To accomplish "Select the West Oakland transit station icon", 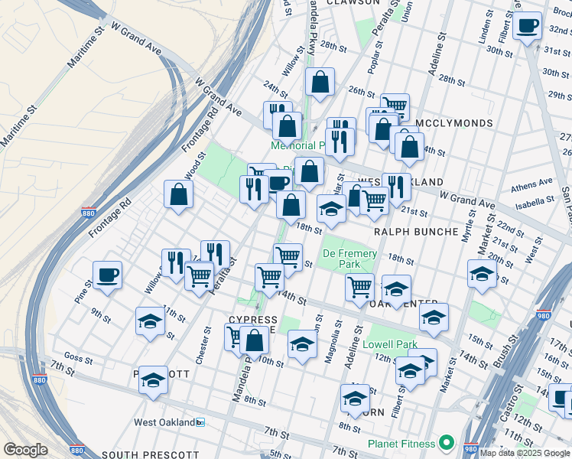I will click(200, 422).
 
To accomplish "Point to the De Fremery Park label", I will click(349, 259).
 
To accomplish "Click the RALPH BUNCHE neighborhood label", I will click(416, 230).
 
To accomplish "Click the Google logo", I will click(25, 450).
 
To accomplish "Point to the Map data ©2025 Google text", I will click(525, 453).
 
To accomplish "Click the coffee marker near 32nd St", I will click(528, 28).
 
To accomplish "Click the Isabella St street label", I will click(535, 200).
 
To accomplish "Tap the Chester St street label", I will click(203, 347).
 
